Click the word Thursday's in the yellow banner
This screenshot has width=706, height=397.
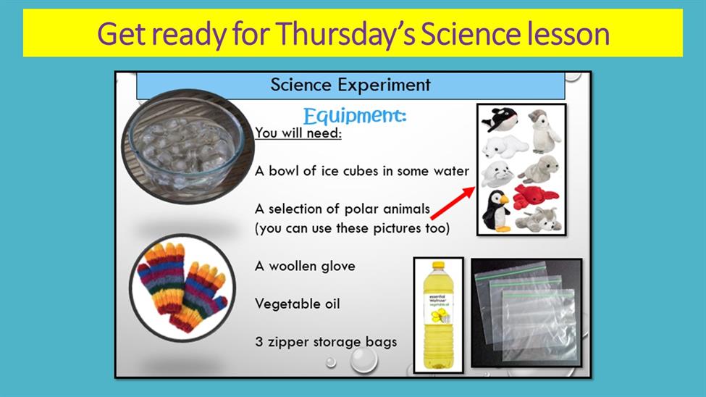point(346,34)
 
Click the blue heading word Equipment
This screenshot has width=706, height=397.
point(355,116)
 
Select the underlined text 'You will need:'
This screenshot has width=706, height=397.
point(298,133)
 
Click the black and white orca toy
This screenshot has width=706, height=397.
point(500,120)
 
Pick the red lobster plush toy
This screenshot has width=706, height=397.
point(535,197)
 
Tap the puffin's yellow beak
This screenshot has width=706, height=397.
point(504,198)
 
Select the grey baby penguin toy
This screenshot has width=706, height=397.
point(544,130)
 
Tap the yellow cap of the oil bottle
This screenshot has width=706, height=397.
point(437,265)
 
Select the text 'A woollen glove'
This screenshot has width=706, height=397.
point(305,266)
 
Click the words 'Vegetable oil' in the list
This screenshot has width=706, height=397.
point(297,304)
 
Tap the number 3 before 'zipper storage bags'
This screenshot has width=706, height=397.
point(259,341)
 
